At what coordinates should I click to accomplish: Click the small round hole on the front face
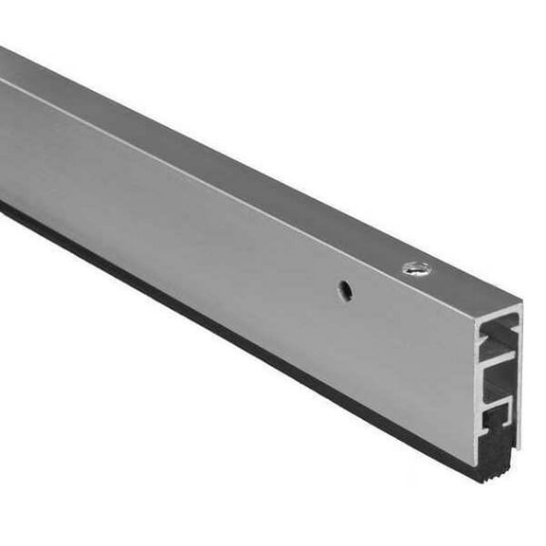[x=346, y=292]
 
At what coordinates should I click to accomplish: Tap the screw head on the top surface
[x=413, y=269]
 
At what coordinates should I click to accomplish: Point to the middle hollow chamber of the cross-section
[x=501, y=379]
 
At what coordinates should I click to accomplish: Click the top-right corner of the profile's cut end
[x=521, y=305]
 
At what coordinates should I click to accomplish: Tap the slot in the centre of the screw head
[x=413, y=269]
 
